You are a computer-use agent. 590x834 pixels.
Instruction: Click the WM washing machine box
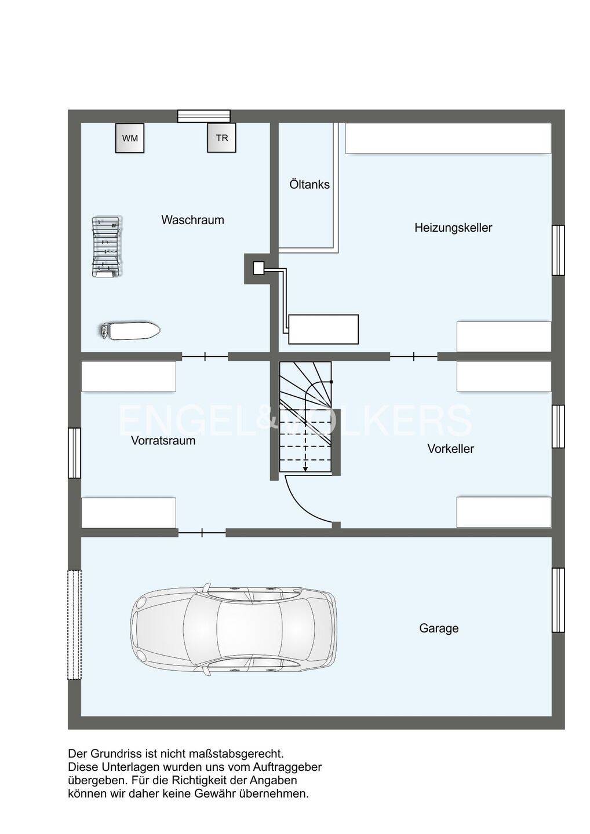130,138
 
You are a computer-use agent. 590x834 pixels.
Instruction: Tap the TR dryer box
221,138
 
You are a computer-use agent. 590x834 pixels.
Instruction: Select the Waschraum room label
192,220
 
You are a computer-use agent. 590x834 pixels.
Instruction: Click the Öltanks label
309,184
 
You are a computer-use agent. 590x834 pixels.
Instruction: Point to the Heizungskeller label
453,228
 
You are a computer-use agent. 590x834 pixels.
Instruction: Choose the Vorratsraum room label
163,440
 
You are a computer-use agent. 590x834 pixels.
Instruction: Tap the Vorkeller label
451,449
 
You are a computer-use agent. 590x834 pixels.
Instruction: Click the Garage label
439,628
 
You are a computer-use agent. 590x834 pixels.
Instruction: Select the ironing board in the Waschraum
130,330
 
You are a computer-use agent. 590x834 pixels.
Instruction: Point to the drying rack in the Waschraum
107,246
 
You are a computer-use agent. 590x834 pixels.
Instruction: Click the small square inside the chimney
258,268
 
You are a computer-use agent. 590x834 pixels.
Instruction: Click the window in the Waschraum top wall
204,116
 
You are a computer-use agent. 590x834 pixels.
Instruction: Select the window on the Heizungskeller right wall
558,250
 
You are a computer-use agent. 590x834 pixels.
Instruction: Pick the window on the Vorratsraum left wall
75,453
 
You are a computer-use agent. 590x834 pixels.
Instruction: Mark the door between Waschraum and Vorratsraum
205,357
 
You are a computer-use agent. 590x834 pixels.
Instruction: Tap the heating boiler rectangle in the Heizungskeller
323,330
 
